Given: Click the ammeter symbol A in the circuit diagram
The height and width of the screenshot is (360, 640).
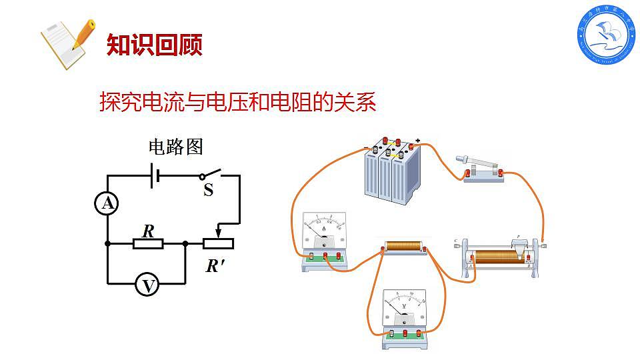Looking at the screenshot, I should pos(107,205).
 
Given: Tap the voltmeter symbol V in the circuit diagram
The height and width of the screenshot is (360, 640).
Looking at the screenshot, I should pos(147,285).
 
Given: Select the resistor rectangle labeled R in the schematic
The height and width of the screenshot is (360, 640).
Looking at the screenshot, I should pos(148,243).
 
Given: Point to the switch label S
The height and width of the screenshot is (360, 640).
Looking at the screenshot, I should pos(208,191).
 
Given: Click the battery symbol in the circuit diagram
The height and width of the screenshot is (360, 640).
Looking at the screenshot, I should pos(155,176).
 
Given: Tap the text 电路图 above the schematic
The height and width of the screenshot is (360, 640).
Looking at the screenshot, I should pos(175,147).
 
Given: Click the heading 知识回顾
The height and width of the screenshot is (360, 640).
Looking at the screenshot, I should pos(154,45).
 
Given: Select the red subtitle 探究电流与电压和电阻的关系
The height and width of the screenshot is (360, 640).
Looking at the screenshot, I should pos(238,102).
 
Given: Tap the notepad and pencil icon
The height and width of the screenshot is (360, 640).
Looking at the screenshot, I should pos(67,43).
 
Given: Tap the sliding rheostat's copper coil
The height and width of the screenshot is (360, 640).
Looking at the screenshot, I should pos(497,256).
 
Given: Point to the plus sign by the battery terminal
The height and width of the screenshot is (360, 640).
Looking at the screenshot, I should pos(417,141).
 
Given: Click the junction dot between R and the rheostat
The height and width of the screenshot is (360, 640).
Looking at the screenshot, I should pos(185,243).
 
